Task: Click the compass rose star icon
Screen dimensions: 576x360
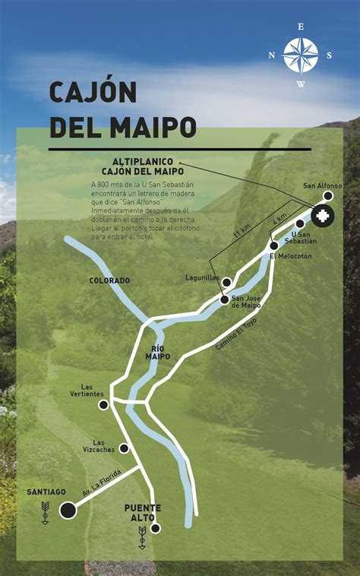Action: tap(301, 55)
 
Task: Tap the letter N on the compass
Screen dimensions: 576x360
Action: tap(272, 55)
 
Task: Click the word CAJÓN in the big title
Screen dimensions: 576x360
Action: tap(93, 92)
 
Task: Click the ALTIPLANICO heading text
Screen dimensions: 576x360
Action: tap(143, 162)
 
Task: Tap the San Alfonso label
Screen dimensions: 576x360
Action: tap(323, 185)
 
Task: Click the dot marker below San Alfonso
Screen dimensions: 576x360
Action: tap(328, 196)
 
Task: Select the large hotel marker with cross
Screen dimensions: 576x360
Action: tap(321, 216)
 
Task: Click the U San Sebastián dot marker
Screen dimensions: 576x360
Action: tap(300, 224)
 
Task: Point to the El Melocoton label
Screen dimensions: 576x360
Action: tap(291, 256)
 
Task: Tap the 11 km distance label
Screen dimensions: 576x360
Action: tap(241, 229)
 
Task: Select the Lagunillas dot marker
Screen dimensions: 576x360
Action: tap(226, 282)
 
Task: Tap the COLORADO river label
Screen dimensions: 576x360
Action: tap(109, 280)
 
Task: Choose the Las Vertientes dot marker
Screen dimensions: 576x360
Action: tap(103, 405)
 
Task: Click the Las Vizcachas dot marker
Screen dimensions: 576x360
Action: tap(124, 448)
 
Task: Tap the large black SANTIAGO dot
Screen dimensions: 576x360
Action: tap(68, 510)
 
